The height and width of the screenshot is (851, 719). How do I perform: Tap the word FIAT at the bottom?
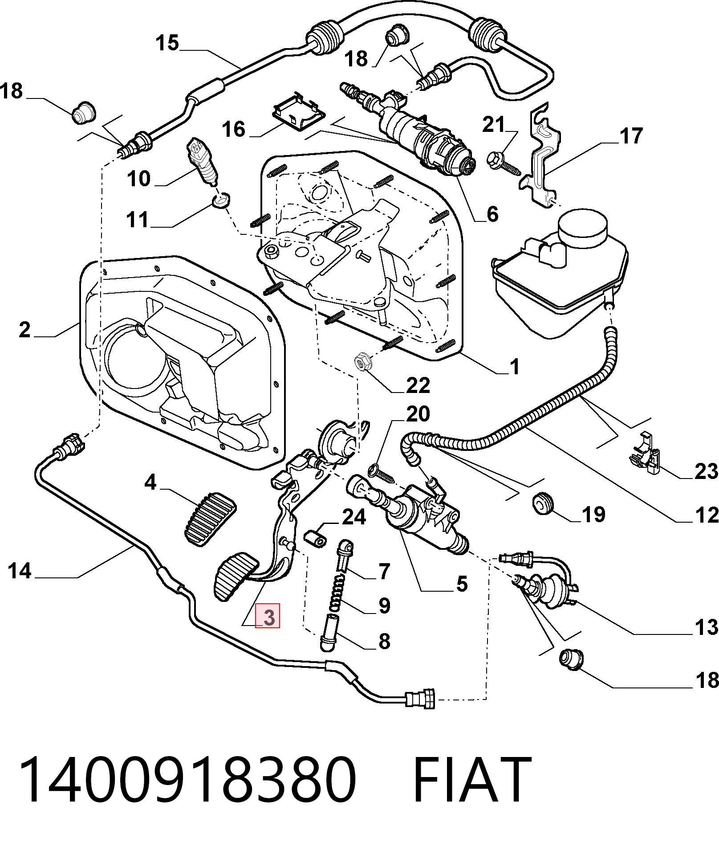pyautogui.click(x=472, y=780)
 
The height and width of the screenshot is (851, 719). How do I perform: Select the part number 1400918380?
pyautogui.click(x=187, y=780)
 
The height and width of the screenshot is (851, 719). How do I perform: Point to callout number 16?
pyautogui.click(x=234, y=129)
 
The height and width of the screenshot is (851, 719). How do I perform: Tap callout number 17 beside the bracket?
pyautogui.click(x=631, y=136)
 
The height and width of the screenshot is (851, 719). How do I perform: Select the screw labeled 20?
pyautogui.click(x=382, y=473)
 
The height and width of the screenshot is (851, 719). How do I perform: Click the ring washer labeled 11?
pyautogui.click(x=221, y=200)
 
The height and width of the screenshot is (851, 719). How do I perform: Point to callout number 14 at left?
pyautogui.click(x=20, y=571)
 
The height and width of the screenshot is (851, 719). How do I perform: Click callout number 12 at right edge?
pyautogui.click(x=707, y=515)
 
